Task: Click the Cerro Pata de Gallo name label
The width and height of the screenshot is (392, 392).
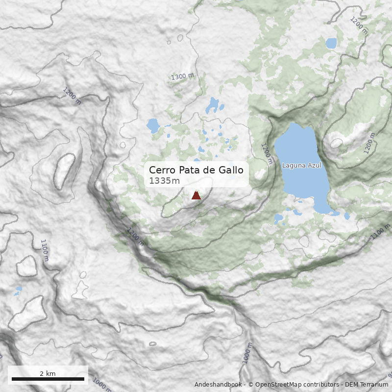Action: pos(196,170)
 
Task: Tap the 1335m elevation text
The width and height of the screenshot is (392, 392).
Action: pos(165,181)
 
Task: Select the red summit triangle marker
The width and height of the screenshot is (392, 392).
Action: pos(196,196)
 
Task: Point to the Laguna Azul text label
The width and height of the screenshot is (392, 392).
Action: pos(301,166)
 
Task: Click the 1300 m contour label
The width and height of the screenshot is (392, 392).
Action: pos(182,76)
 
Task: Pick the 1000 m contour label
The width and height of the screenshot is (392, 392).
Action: pos(102,384)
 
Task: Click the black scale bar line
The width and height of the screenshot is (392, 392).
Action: pos(48,379)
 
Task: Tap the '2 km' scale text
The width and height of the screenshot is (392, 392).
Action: pos(48,373)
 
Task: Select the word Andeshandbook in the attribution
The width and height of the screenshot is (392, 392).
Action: pos(218,385)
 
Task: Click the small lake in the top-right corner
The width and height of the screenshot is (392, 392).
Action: pos(331,43)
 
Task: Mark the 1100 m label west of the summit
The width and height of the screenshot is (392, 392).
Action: pos(45,250)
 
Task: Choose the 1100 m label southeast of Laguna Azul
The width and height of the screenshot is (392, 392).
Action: pos(380,231)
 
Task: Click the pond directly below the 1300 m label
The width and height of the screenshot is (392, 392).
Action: pos(212,104)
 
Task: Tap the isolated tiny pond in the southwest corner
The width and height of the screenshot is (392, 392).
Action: pos(18,291)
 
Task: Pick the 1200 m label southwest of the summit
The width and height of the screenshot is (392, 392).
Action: pos(135,237)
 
